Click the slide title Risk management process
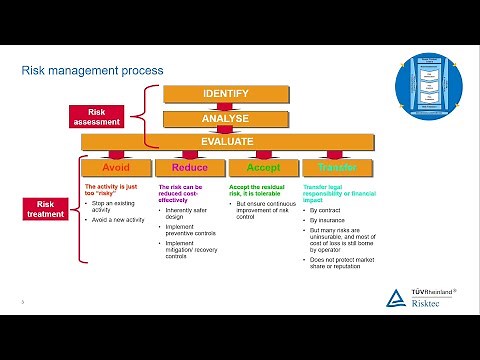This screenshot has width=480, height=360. (93, 71)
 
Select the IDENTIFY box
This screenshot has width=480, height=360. (225, 94)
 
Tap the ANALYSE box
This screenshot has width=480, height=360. (225, 119)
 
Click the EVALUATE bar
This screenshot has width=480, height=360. (225, 142)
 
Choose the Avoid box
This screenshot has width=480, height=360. (117, 167)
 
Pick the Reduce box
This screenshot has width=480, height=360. (189, 167)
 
